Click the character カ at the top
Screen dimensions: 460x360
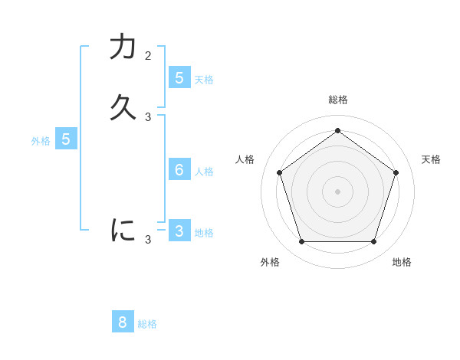click(x=123, y=47)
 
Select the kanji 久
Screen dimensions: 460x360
click(x=123, y=107)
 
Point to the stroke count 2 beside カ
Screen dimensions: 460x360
click(x=148, y=56)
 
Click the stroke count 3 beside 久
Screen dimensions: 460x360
click(x=148, y=117)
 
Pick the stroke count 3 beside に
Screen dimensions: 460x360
click(x=148, y=240)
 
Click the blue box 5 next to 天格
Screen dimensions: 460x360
click(x=179, y=77)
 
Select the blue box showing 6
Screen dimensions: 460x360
click(x=179, y=169)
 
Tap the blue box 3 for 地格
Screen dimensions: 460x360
click(x=179, y=231)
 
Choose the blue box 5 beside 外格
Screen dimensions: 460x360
click(x=66, y=139)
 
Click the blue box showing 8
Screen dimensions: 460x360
click(x=123, y=322)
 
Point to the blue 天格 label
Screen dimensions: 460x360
click(x=204, y=79)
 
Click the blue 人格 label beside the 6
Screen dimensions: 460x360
click(x=204, y=171)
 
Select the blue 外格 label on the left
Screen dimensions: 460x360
click(x=41, y=141)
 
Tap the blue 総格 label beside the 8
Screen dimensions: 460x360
click(x=147, y=324)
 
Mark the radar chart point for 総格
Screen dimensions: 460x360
click(x=337, y=130)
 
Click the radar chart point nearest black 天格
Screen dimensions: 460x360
click(x=396, y=172)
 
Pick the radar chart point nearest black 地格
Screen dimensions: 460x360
click(x=373, y=241)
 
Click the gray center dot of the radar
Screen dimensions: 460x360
click(x=337, y=191)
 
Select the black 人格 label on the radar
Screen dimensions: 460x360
click(x=245, y=159)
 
